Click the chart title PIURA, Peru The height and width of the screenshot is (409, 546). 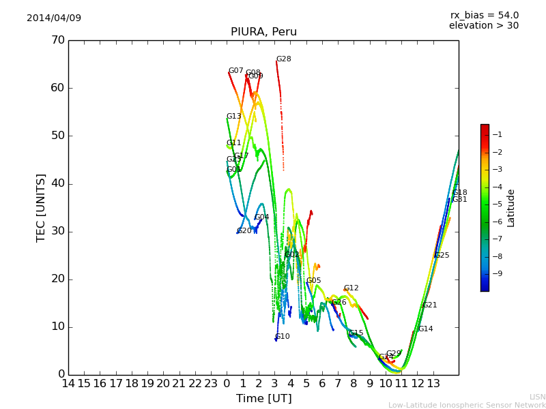coord(263,32)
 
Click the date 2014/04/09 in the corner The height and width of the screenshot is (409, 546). coord(54,18)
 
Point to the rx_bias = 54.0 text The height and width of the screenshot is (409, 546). coord(484,16)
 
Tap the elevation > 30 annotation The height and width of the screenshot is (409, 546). coord(483,26)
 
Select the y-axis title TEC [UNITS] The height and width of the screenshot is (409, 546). coord(41,207)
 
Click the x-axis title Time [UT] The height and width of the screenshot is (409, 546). coord(263,398)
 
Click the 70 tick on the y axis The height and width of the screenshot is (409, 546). coord(57,40)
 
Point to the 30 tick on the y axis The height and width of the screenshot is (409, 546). coord(57,231)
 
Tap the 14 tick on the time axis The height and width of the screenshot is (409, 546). coord(68,384)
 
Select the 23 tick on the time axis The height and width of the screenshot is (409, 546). coord(211,384)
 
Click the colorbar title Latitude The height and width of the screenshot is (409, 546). coord(511,208)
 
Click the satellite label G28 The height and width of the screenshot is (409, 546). coord(283,59)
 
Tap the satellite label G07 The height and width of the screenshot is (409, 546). coord(235,71)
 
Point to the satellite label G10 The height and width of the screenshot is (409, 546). coord(282,337)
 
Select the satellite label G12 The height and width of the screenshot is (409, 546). coord(351,288)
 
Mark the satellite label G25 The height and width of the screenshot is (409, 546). coord(442,256)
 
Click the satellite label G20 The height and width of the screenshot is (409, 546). coord(244,231)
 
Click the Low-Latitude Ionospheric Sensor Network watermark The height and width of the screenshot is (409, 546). coord(467,406)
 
